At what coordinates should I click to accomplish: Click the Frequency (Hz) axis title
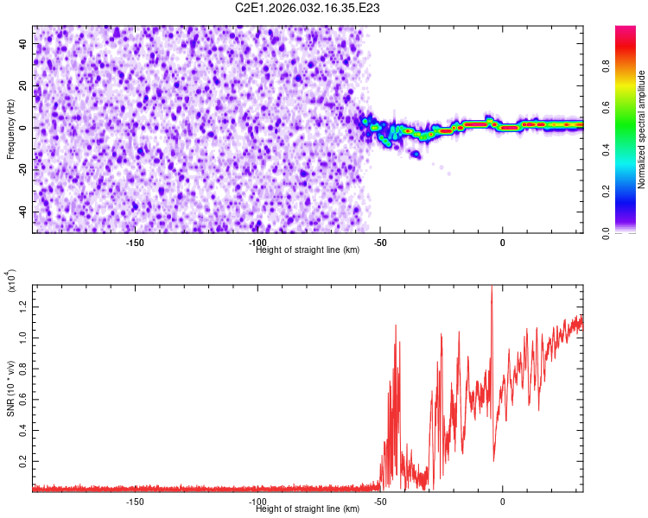coord(11,129)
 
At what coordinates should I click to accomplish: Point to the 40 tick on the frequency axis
coord(23,43)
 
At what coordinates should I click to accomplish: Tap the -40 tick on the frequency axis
coord(22,212)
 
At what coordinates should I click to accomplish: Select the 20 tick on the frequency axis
coord(23,85)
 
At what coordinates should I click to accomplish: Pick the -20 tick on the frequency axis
coord(22,170)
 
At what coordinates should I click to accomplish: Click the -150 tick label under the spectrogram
coord(135,243)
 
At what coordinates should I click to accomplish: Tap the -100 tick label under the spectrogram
coord(257,243)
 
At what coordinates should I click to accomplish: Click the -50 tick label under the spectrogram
coord(380,243)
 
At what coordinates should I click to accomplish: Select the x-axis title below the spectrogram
coord(308,250)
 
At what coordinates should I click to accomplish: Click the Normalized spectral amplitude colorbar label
coord(642,129)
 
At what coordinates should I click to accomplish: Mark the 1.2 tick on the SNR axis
coord(23,305)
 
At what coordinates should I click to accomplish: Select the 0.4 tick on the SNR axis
coord(23,431)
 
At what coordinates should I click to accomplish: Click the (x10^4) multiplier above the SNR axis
coord(11,281)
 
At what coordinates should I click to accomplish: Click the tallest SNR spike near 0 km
coord(492,288)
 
